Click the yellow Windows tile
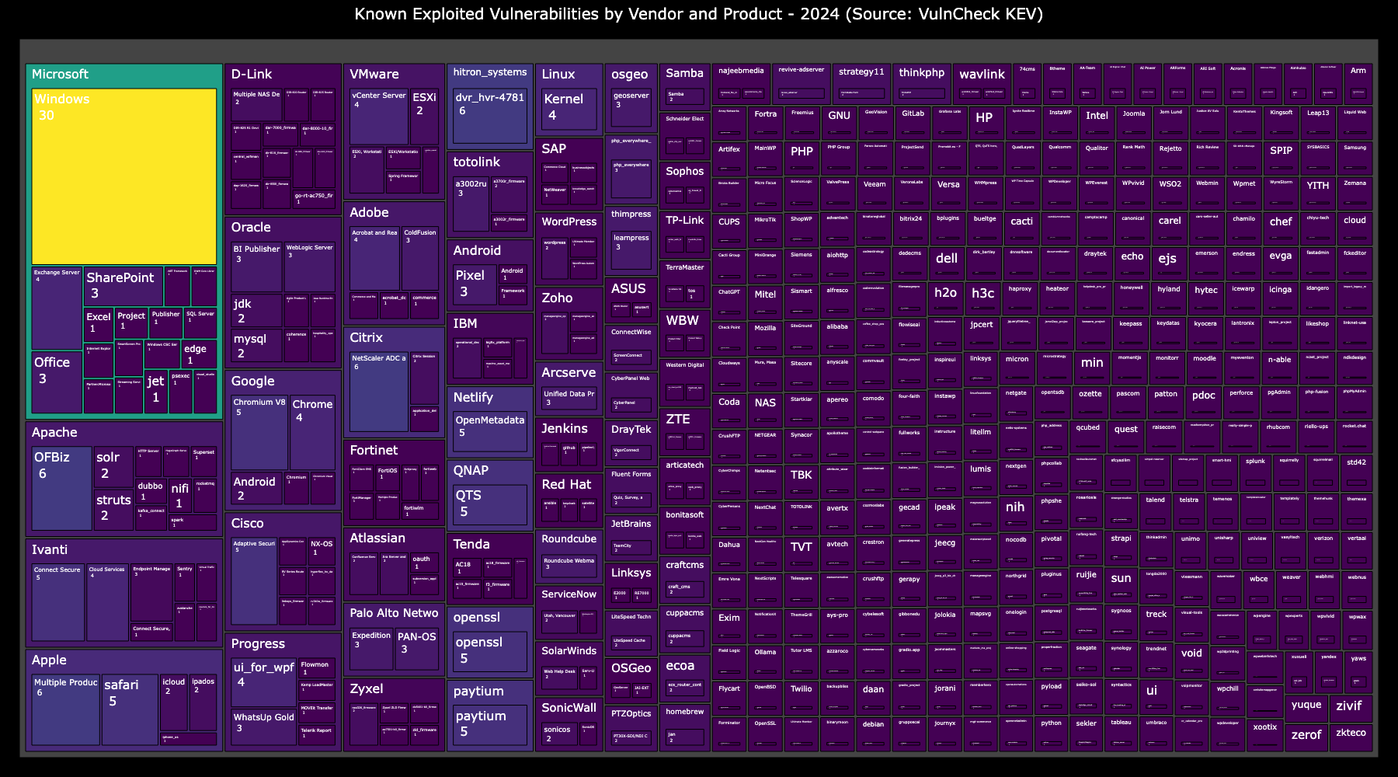coord(124,176)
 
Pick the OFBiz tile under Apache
coord(61,487)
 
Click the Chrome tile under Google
coord(312,432)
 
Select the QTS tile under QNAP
coord(489,504)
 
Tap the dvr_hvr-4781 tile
coord(489,116)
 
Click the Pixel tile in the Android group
coord(474,284)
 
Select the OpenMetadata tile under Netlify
coord(489,432)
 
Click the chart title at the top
coord(698,14)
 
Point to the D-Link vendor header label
coord(252,75)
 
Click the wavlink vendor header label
coord(982,75)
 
